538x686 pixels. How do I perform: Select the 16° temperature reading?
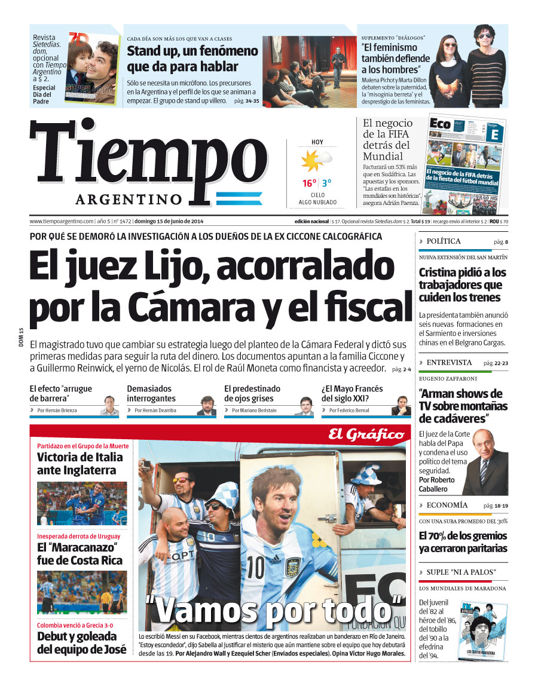click(x=308, y=183)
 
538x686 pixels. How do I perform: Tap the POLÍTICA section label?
click(x=444, y=241)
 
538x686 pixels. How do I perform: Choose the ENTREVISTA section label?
click(x=449, y=363)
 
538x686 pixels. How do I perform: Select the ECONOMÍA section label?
click(x=447, y=505)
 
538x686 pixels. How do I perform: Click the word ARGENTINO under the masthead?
click(x=129, y=199)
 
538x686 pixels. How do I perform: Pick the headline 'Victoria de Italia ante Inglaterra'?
click(x=80, y=464)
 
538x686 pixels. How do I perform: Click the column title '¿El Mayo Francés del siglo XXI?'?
click(x=353, y=393)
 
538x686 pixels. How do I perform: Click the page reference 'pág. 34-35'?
click(x=247, y=101)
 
